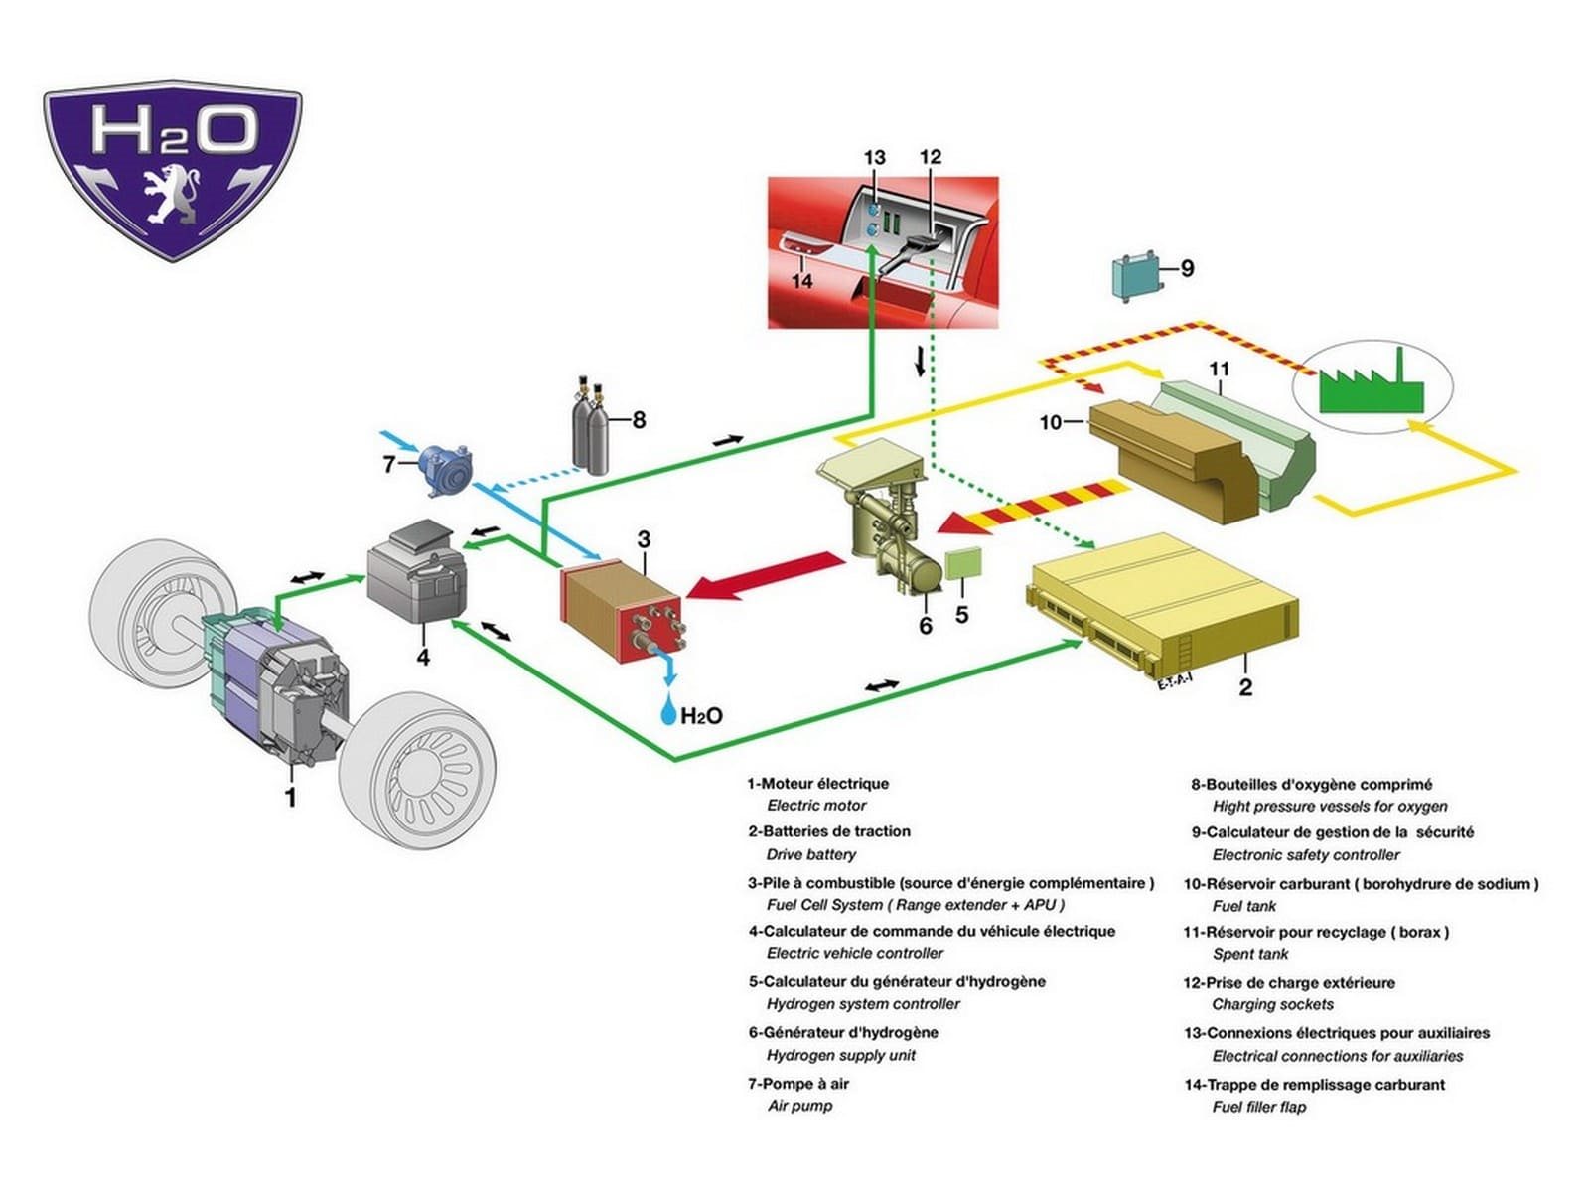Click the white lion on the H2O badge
point(172,195)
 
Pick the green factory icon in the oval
point(1372,384)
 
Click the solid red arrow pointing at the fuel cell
point(765,576)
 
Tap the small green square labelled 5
point(963,564)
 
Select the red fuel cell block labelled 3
point(621,607)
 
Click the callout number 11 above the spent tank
point(1220,370)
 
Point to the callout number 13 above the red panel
point(875,157)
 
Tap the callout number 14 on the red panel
point(801,281)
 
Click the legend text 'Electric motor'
point(816,805)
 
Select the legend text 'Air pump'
point(799,1106)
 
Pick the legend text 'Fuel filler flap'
point(1259,1107)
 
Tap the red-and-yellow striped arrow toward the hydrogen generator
point(1031,508)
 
